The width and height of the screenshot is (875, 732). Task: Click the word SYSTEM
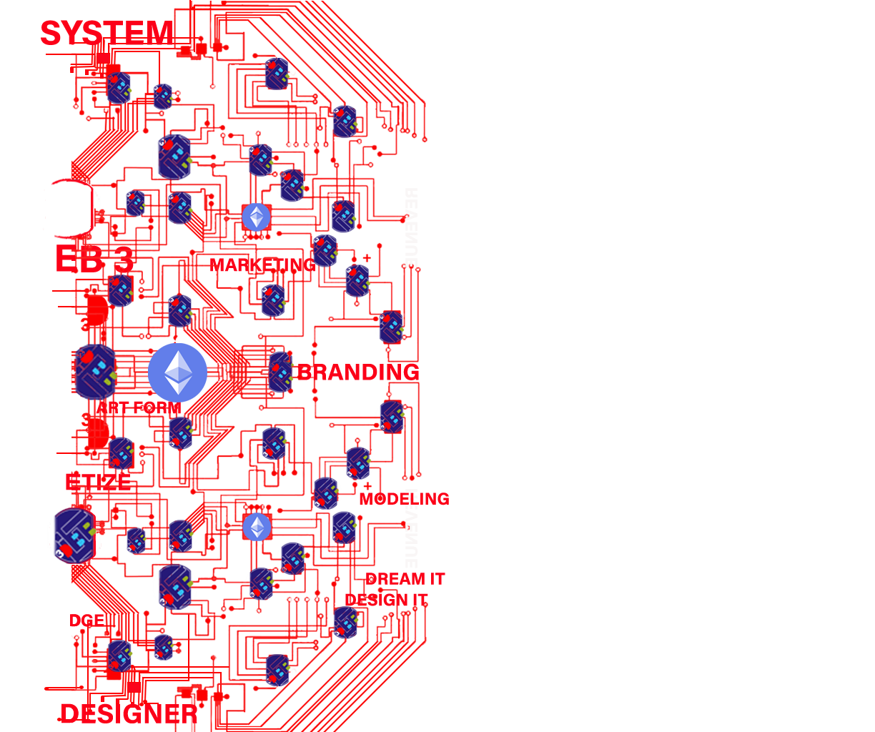(106, 33)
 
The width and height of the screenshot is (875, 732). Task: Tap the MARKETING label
(262, 265)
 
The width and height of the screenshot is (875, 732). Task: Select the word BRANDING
(358, 372)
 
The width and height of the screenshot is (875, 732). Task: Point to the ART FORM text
(139, 408)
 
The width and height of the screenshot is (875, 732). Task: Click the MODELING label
(405, 499)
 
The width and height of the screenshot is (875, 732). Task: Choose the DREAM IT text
(405, 579)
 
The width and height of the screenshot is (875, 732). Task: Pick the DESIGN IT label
(386, 600)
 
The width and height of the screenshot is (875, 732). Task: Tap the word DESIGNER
(129, 713)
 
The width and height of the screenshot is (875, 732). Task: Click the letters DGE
(86, 620)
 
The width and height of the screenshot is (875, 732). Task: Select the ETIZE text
(98, 482)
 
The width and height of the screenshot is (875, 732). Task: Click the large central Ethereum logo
(178, 372)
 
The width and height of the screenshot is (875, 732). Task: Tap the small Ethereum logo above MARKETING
(257, 217)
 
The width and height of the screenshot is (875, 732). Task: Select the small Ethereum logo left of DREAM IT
(257, 528)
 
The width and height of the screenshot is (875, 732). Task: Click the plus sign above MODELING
(367, 486)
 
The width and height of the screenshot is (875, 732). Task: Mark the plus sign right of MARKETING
(367, 258)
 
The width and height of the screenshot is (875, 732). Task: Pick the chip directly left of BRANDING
(280, 372)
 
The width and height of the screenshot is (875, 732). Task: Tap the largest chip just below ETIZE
(73, 535)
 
